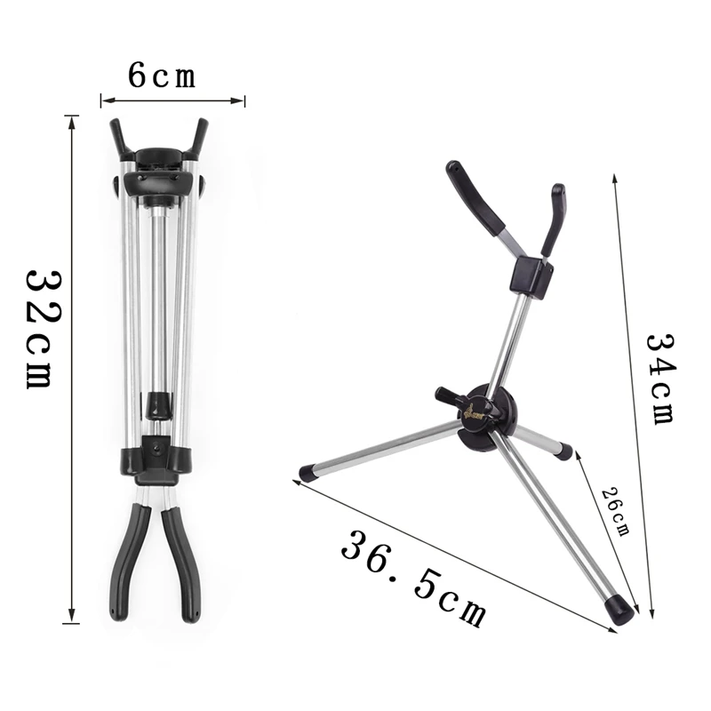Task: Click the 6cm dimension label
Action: pyautogui.click(x=162, y=76)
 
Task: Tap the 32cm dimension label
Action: pyautogui.click(x=42, y=329)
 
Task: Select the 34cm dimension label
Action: pyautogui.click(x=661, y=379)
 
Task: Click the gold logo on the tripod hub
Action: pyautogui.click(x=475, y=412)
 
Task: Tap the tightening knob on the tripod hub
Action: pyautogui.click(x=450, y=396)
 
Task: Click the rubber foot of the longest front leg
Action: pyautogui.click(x=619, y=611)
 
